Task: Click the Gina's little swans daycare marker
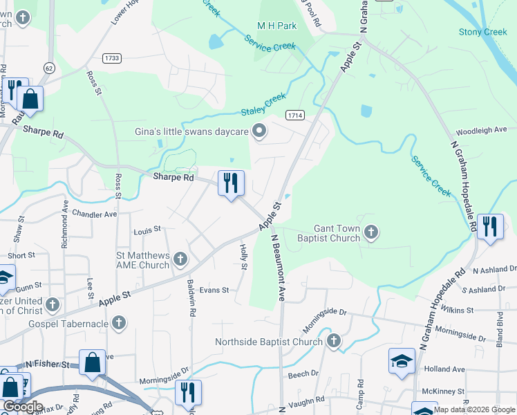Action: (x=260, y=131)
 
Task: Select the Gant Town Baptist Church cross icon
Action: (x=372, y=232)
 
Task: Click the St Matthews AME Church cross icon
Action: (x=180, y=259)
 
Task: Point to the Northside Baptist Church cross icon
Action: (x=334, y=341)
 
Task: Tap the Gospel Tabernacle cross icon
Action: (x=119, y=322)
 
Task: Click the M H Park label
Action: (x=276, y=26)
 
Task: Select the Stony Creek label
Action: (x=482, y=32)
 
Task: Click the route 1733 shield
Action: (x=111, y=59)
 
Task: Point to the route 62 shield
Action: (x=48, y=68)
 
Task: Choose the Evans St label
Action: (x=214, y=290)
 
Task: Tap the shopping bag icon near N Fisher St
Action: (x=92, y=363)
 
